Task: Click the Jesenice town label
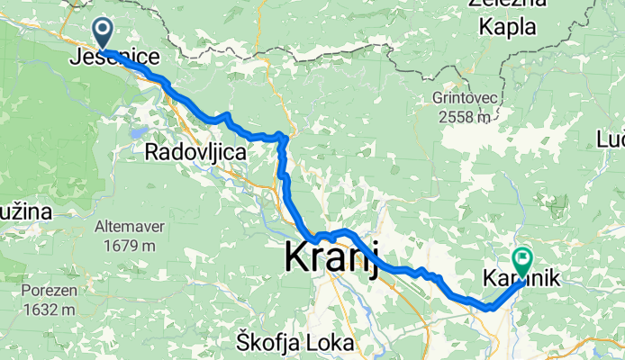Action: (115, 58)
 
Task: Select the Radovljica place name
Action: (195, 153)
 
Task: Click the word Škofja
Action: (268, 342)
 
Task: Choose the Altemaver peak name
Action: (131, 228)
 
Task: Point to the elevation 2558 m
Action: (464, 116)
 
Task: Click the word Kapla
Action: (507, 27)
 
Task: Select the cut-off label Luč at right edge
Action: (611, 139)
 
